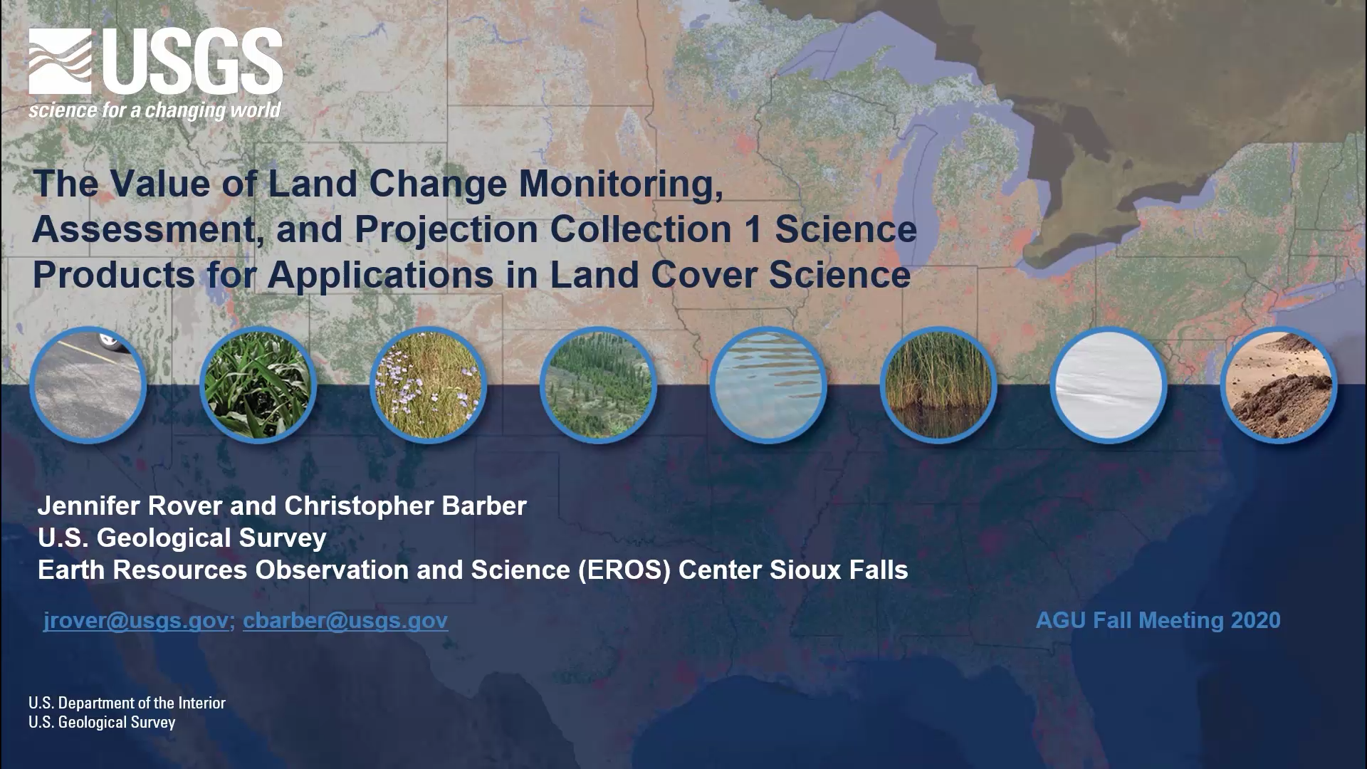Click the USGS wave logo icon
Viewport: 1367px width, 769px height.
click(x=61, y=61)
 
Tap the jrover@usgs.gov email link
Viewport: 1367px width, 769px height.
click(x=135, y=620)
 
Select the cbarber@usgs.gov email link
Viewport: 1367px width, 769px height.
click(x=345, y=620)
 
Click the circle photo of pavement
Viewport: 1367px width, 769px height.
click(x=88, y=385)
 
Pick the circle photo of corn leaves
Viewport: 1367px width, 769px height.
click(x=258, y=385)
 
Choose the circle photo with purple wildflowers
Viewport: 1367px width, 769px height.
click(x=428, y=385)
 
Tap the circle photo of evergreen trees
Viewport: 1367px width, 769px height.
click(x=598, y=385)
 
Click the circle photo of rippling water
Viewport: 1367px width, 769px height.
click(x=768, y=385)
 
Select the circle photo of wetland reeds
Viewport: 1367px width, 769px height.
click(x=938, y=385)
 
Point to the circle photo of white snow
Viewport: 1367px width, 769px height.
click(x=1109, y=385)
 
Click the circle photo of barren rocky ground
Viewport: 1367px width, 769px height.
click(x=1279, y=385)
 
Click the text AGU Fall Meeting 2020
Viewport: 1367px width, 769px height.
click(x=1158, y=620)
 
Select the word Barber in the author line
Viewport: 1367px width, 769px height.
click(x=484, y=506)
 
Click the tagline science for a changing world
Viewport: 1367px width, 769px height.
click(x=155, y=110)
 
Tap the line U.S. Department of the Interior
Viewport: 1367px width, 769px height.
click(x=127, y=703)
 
